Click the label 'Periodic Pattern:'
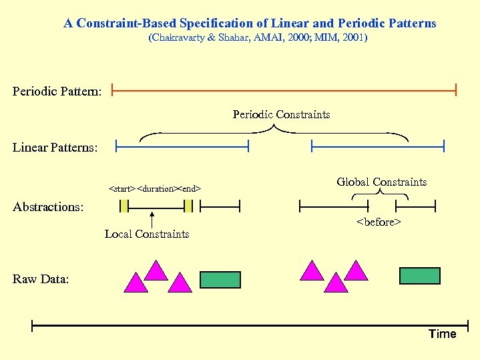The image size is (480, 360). [57, 90]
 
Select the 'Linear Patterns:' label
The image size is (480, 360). [55, 147]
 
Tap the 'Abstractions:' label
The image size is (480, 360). [49, 207]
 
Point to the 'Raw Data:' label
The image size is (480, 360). [41, 279]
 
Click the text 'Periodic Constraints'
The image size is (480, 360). [281, 114]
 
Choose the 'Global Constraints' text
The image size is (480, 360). [381, 182]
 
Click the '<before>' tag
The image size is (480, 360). [379, 222]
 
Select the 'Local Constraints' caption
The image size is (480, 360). [147, 234]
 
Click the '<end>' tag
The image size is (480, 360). [191, 189]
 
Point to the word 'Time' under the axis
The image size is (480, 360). [442, 334]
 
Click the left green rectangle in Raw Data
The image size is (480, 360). [220, 279]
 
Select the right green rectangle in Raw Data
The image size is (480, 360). [419, 275]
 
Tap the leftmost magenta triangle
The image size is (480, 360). [136, 284]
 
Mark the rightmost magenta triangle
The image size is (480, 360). [356, 271]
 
